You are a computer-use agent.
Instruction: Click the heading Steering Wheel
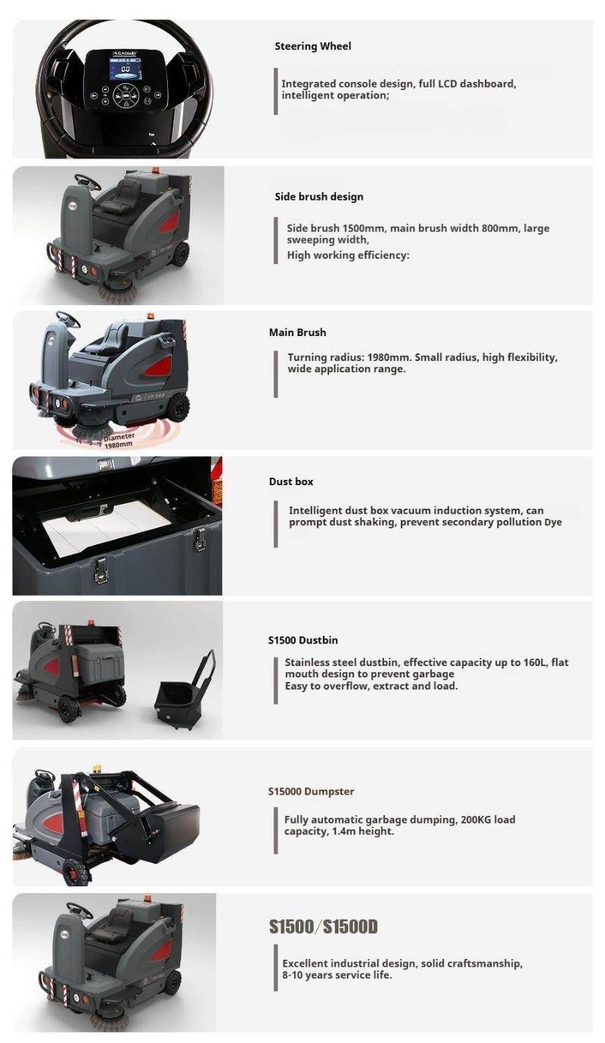tap(312, 46)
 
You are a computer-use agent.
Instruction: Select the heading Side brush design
tap(318, 197)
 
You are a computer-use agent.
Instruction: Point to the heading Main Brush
tap(297, 332)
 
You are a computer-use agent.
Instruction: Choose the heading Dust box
tap(290, 481)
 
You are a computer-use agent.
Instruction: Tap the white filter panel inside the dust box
tap(107, 526)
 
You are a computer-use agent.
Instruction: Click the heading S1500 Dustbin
tap(302, 640)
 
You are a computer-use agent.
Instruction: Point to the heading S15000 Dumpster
tap(311, 792)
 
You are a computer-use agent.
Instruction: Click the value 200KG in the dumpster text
tap(476, 820)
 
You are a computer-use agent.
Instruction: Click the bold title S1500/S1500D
tap(323, 927)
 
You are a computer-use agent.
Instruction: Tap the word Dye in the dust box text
tap(553, 522)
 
